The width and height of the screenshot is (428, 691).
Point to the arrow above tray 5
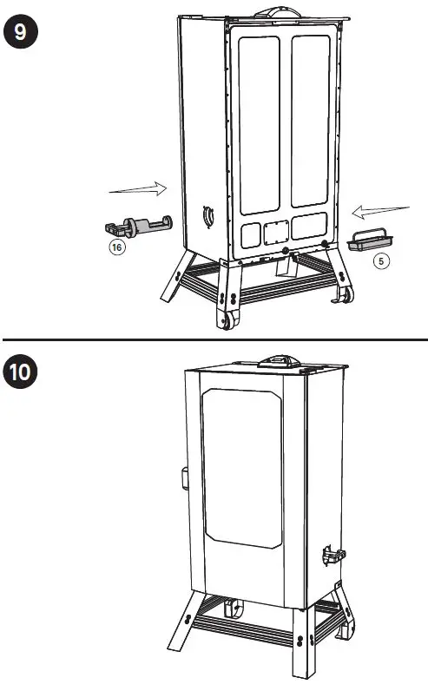click(x=380, y=210)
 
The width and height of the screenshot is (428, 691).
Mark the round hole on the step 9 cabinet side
click(x=208, y=215)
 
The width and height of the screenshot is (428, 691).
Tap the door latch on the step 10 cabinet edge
click(x=185, y=477)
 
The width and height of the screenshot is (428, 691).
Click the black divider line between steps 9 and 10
click(x=214, y=339)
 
